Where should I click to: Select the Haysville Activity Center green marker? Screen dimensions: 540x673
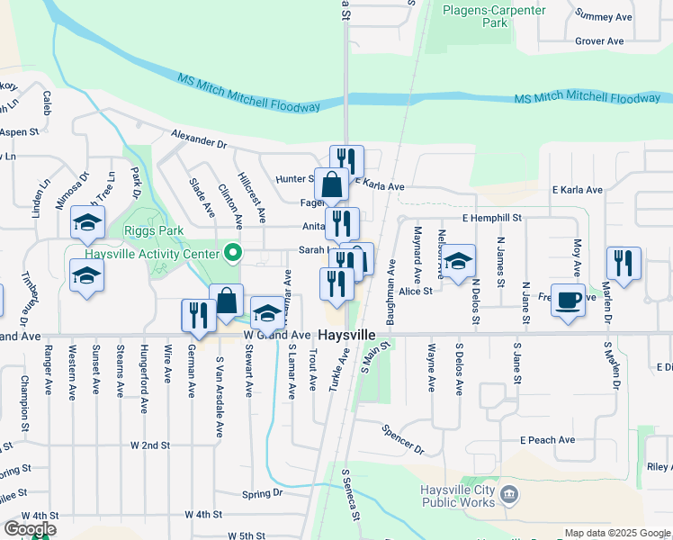234,253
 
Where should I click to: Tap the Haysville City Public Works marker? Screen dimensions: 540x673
509,493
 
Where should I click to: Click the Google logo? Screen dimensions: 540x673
30,529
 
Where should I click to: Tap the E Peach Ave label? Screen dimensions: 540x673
547,440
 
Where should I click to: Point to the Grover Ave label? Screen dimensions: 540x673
599,41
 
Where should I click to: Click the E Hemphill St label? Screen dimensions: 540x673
492,219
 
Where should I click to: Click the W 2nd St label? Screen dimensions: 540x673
149,445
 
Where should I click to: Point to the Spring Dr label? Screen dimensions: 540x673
263,494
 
